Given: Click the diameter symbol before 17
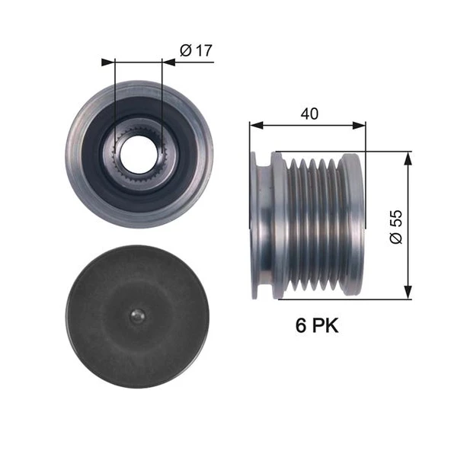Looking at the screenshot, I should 185,51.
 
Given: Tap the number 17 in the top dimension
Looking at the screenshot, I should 203,51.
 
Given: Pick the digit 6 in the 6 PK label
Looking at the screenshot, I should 301,326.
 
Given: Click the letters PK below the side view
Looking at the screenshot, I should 325,326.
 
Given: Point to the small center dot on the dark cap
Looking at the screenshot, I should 136,315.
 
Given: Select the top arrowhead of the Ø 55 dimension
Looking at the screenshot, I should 408,156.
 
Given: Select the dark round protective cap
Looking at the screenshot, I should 136,315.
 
